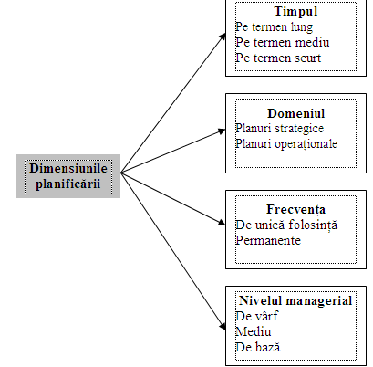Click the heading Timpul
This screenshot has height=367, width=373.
tap(295, 12)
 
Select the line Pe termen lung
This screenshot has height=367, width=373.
tap(274, 27)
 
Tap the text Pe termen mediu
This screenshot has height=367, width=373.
tap(283, 42)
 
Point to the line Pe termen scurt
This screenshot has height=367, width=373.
tap(278, 58)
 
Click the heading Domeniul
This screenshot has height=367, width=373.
tap(296, 113)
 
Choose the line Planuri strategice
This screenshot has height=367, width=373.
tap(279, 129)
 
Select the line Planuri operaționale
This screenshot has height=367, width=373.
tap(286, 144)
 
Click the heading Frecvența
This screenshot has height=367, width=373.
tap(296, 210)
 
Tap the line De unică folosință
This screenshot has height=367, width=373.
tap(286, 225)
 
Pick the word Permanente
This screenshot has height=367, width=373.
tap(268, 240)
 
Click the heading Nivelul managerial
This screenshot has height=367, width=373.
tap(295, 301)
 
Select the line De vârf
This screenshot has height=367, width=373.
tap(256, 316)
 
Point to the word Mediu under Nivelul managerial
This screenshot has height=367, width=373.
tap(254, 331)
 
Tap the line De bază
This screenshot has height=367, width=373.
tap(257, 347)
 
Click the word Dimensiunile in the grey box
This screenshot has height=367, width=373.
tap(68, 168)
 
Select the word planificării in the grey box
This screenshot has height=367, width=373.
tap(68, 184)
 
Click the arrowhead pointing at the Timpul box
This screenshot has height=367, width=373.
tap(223, 37)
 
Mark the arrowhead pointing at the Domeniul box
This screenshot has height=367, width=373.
tap(222, 131)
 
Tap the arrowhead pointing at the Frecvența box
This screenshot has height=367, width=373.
tap(222, 223)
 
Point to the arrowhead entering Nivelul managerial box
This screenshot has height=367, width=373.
tap(223, 327)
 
